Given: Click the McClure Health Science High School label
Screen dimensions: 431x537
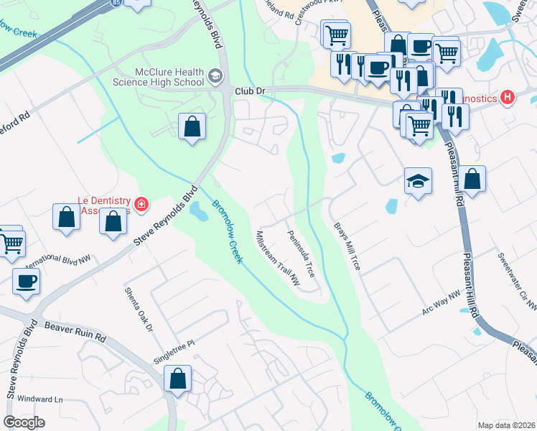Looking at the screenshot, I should (170, 77).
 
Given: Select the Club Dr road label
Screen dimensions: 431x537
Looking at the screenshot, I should (251, 92).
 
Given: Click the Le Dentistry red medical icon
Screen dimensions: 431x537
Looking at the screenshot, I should (141, 205).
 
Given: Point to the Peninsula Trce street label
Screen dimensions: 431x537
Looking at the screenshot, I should (301, 254).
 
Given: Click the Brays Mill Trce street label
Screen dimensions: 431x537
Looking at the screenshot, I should (346, 246).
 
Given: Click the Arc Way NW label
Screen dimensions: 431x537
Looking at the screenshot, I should (440, 303).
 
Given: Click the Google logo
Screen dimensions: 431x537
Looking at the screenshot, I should (24, 422).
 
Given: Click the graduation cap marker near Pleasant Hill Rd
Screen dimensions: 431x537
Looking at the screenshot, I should (418, 181).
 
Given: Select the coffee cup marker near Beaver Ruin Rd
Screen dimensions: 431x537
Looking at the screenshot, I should (27, 281).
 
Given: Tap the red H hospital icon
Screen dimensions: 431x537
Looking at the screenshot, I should (508, 98).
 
